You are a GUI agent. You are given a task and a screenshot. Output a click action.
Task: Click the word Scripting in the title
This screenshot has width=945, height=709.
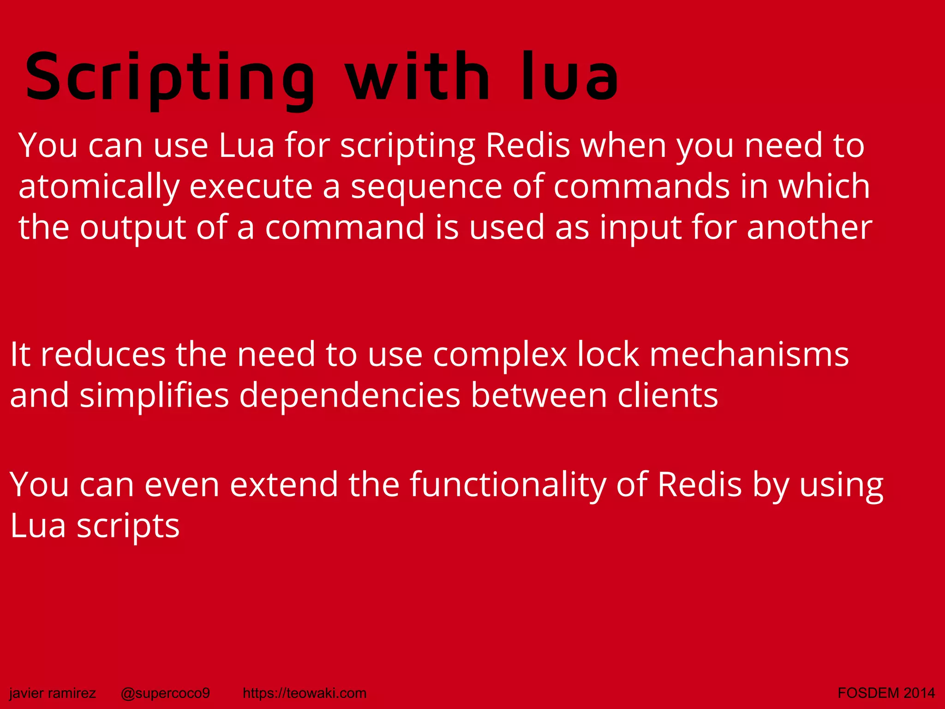tap(170, 78)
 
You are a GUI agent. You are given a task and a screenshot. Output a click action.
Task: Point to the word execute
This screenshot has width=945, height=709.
tap(251, 186)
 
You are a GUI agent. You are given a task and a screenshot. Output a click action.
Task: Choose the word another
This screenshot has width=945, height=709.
tap(809, 228)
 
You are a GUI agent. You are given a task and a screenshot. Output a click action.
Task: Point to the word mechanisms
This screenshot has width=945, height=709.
tap(749, 354)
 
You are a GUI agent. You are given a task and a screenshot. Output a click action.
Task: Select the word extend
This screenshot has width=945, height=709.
tap(284, 485)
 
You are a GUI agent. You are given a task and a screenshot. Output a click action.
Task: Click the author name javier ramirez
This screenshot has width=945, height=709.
tap(53, 693)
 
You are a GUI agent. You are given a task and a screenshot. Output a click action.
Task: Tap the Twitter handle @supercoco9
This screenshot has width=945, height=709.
tap(165, 693)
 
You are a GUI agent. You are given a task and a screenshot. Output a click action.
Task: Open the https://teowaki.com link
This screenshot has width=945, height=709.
tap(305, 693)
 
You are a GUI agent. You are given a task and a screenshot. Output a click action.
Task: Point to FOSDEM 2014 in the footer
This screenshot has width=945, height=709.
tap(886, 693)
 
